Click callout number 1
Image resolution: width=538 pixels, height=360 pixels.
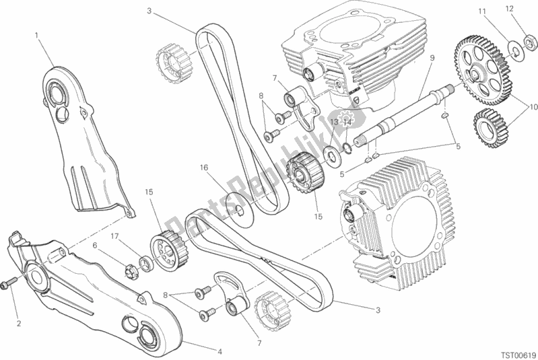click(x=38, y=34)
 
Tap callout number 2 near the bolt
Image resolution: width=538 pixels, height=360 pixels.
click(x=19, y=324)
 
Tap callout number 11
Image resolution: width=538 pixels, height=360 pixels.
click(x=481, y=11)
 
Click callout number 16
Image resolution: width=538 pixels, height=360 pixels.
click(x=203, y=168)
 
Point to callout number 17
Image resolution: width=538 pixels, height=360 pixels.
click(x=116, y=236)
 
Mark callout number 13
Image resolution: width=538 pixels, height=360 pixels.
click(x=334, y=122)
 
